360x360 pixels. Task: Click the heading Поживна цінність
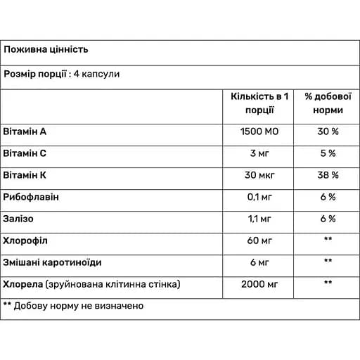click(x=46, y=51)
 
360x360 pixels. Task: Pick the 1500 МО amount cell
click(x=260, y=131)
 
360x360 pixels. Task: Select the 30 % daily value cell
click(x=325, y=131)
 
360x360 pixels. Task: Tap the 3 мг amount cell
click(x=260, y=153)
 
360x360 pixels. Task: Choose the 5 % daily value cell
click(x=325, y=153)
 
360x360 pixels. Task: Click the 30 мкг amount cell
click(x=260, y=175)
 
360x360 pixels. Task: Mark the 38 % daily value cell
click(x=325, y=175)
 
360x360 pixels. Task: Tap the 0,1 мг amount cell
click(x=260, y=197)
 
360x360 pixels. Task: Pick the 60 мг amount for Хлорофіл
click(x=260, y=240)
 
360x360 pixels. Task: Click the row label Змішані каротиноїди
click(x=52, y=262)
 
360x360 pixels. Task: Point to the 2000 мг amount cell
click(x=260, y=284)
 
